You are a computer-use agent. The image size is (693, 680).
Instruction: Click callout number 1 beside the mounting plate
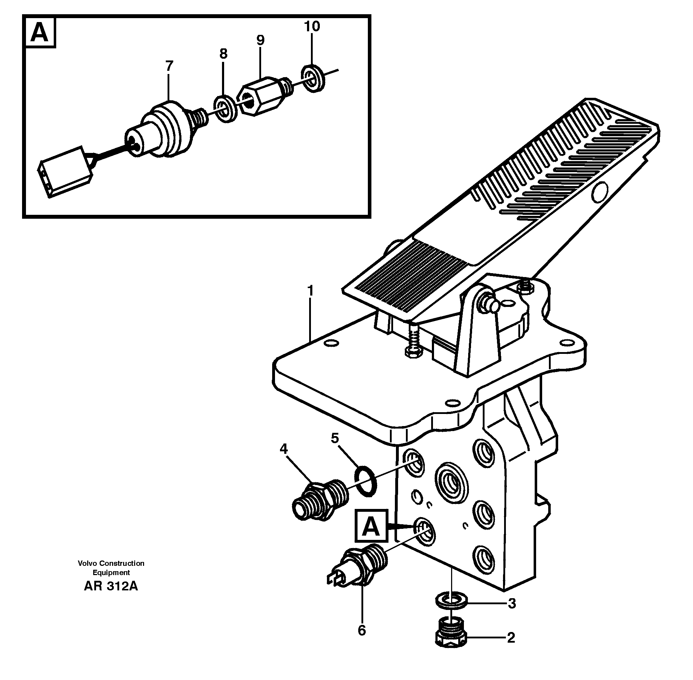click(310, 291)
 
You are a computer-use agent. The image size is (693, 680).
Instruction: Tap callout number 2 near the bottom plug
click(511, 637)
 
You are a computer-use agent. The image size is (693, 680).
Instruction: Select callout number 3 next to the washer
click(512, 603)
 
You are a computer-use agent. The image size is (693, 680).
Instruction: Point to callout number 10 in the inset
click(312, 26)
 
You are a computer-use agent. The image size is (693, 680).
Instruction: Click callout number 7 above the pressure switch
click(169, 66)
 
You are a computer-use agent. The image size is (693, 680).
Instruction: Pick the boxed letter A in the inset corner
click(39, 33)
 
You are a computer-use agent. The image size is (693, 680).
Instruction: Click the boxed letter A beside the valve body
click(371, 525)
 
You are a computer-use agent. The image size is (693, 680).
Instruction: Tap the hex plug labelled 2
click(451, 634)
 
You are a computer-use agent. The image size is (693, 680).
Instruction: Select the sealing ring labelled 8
click(224, 109)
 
